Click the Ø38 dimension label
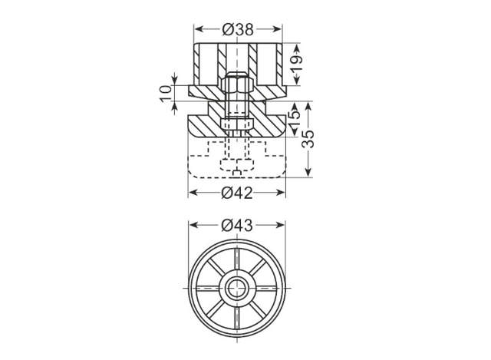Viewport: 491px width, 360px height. pos(238,29)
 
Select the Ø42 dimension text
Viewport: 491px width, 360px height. pos(237,193)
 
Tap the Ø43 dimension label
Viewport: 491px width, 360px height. pos(237,226)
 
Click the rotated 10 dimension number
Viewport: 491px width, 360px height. pos(166,94)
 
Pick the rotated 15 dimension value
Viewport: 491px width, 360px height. pos(295,118)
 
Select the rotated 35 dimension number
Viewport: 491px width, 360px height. pos(308,139)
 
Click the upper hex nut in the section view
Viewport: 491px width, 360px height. pos(237,84)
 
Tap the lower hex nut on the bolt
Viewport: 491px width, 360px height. pos(237,124)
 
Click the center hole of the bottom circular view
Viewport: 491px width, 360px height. pos(236,288)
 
